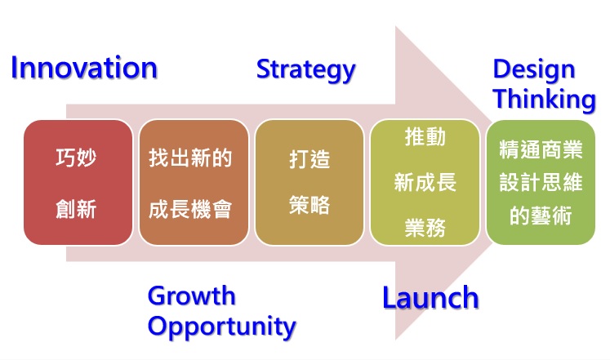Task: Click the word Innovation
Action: pos(84,68)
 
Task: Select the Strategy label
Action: pos(305,70)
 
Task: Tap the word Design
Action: pos(534,70)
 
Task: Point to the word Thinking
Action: pos(544,100)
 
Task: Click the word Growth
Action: pos(191,296)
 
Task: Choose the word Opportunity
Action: pos(222,327)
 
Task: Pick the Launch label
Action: pos(430,298)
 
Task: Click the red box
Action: pos(78,182)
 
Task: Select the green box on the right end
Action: pos(541,182)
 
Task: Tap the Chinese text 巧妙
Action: pos(76,158)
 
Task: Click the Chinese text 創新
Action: pos(76,209)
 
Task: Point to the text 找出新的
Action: pos(190,158)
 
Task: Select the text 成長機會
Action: pos(190,209)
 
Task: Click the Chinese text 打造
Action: pos(309,159)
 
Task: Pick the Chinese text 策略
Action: pos(309,205)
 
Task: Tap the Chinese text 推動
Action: pos(425,137)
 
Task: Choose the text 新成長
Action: pos(425,182)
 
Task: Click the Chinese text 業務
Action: pos(425,228)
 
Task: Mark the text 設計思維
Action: pos(541,182)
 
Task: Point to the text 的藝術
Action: pos(541,216)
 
